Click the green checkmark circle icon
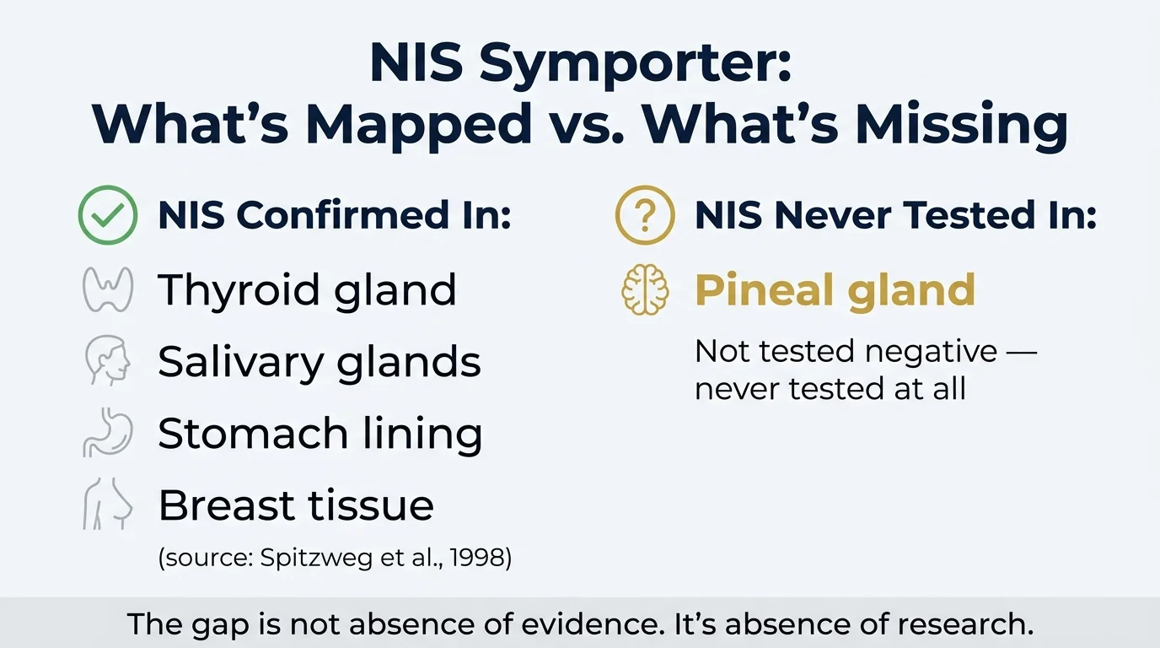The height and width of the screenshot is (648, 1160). (x=107, y=216)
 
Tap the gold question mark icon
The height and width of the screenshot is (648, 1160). (x=645, y=216)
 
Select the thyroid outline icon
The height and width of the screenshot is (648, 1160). (x=107, y=289)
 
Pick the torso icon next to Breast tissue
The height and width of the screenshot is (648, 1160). (x=108, y=506)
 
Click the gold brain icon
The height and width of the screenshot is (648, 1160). (x=645, y=289)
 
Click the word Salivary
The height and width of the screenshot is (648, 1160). (x=239, y=362)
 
